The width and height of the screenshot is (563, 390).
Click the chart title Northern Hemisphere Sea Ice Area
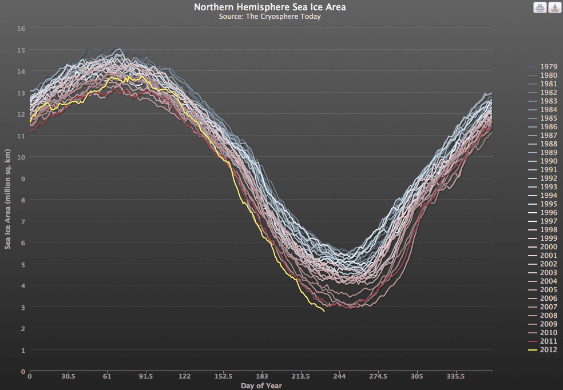point(269,7)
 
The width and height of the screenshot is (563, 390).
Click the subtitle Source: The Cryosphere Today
point(269,17)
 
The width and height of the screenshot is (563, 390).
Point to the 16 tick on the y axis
point(21,28)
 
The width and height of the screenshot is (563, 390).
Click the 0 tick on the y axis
point(22,371)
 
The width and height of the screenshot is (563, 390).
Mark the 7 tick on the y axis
point(22,221)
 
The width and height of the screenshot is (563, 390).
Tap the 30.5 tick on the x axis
point(68,377)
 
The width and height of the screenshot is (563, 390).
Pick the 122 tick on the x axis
point(184,377)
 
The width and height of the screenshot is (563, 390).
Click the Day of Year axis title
point(261,386)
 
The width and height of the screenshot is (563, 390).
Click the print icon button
point(540,7)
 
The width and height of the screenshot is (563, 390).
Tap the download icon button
point(554,7)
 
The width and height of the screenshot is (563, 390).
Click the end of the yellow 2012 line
point(324,311)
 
